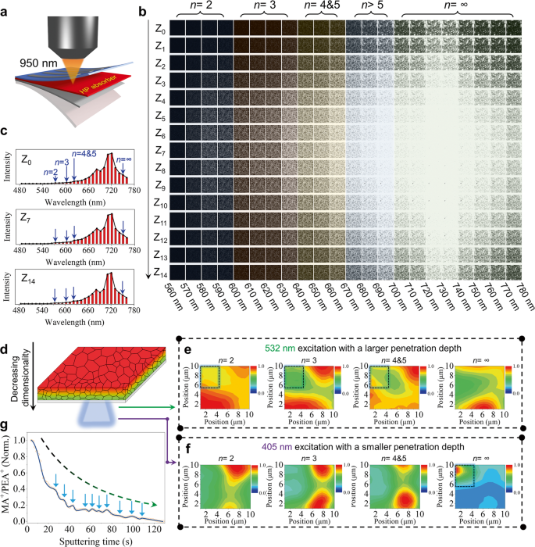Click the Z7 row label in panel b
point(160,148)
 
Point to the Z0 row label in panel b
point(160,28)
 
